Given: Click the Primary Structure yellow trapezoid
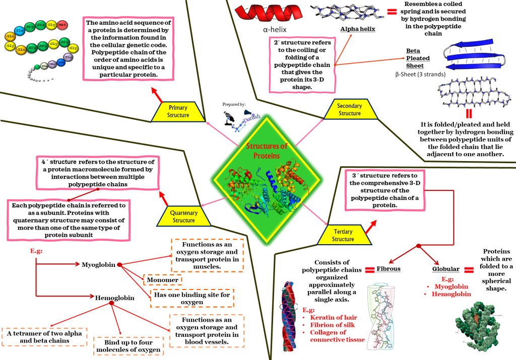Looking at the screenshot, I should (178, 112).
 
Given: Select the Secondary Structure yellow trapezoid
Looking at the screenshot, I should (349, 110).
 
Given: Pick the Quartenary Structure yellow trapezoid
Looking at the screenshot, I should (183, 217).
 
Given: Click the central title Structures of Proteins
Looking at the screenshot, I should (267, 151).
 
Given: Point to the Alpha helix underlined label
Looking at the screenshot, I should (357, 29).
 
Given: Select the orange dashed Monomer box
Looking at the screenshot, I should (163, 279).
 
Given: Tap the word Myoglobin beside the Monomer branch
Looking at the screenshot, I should (98, 264).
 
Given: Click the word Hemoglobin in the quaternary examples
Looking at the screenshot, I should (115, 298).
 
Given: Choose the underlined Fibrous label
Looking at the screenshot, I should (388, 269).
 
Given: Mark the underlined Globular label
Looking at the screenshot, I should (446, 269).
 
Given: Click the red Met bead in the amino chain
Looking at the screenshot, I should (62, 24).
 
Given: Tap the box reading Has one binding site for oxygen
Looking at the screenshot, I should (192, 299).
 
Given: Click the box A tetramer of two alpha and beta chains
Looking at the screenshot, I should (44, 337).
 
